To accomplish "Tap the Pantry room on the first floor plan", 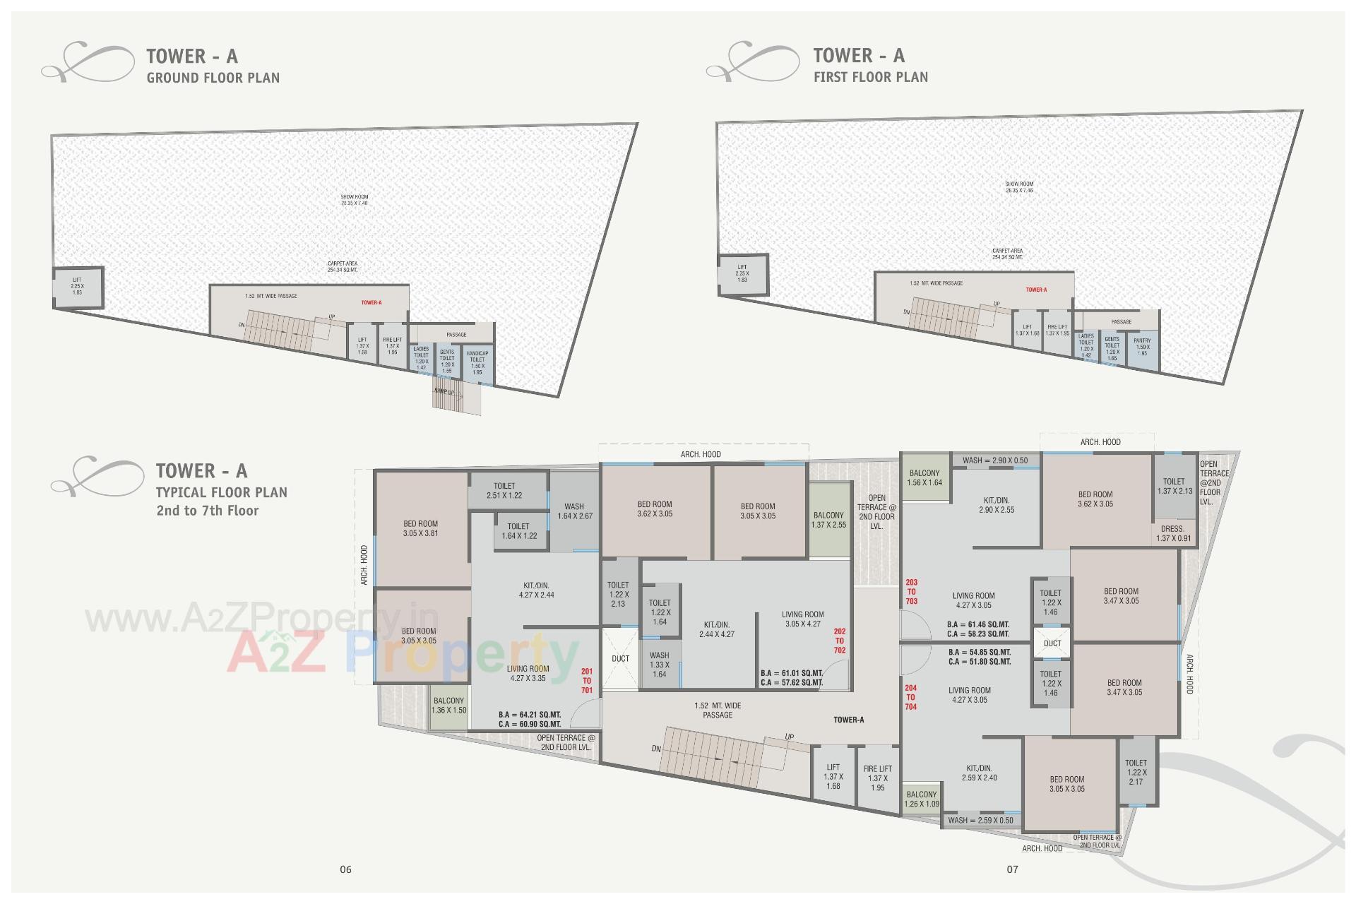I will (x=1142, y=347).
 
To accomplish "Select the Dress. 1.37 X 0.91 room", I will (x=1173, y=533).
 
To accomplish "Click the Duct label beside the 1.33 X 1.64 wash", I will (x=620, y=659).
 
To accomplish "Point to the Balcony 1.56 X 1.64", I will (x=924, y=478).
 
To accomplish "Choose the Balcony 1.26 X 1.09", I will (x=922, y=799).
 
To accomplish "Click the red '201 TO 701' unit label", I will (x=587, y=681).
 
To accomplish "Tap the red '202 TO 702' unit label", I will (x=839, y=641).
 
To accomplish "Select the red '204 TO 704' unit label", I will (x=911, y=697).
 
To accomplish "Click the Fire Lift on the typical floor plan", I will (x=877, y=778).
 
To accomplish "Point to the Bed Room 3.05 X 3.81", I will (x=421, y=529).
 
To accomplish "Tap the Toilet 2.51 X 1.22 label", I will (x=504, y=491).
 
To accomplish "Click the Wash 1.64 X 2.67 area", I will (x=574, y=511).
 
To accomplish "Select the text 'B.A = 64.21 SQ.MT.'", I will (x=530, y=715).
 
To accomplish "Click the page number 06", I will (x=345, y=869).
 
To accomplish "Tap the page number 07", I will (x=1012, y=869).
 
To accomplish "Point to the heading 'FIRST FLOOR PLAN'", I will (x=871, y=77).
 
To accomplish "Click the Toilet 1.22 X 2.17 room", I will (x=1136, y=772).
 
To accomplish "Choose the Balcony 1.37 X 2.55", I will (x=828, y=520).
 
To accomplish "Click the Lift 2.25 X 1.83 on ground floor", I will (x=77, y=286).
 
